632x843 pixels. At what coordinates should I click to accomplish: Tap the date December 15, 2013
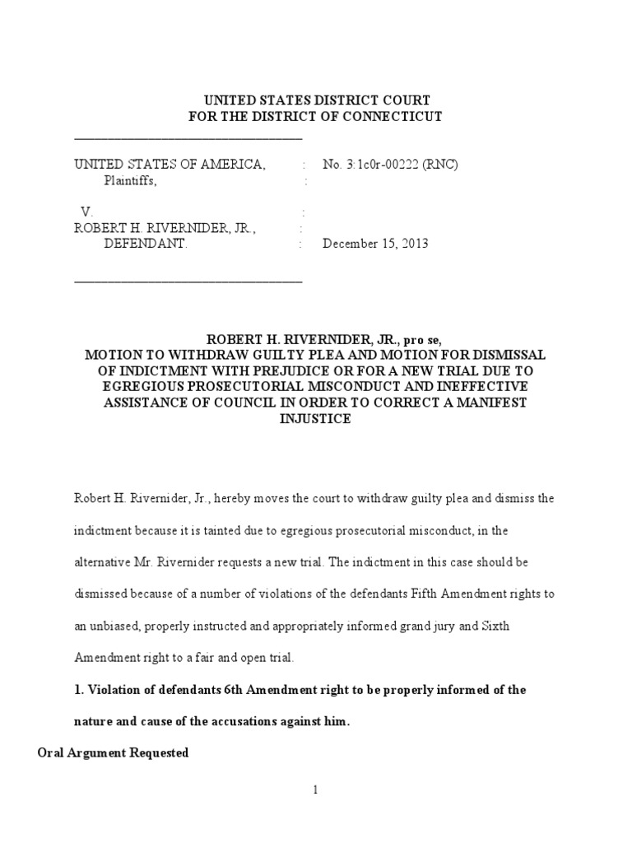[375, 244]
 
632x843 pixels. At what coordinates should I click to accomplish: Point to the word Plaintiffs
[129, 181]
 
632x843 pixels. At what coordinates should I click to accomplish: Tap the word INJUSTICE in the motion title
[316, 418]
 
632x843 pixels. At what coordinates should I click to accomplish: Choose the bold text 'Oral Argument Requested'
[114, 752]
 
